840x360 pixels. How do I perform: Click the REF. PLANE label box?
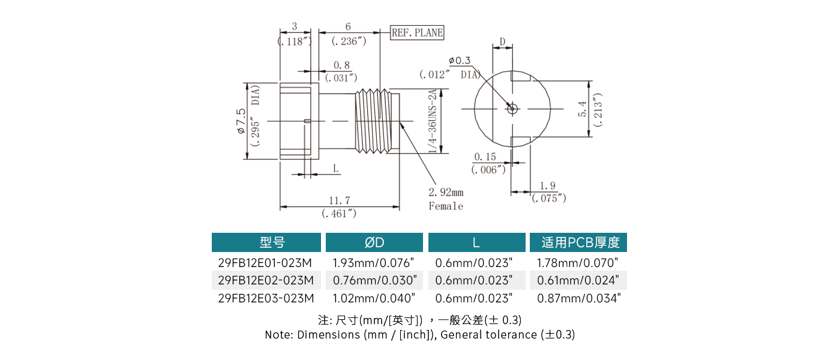coord(417,33)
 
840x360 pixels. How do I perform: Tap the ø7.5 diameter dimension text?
coord(241,121)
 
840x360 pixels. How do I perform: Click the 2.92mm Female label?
coord(446,199)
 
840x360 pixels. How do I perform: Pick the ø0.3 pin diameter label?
coord(460,60)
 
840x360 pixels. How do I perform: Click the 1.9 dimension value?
coord(547,185)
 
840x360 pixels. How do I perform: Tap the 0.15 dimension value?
coord(485,157)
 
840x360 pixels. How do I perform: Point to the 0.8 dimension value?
coord(341,65)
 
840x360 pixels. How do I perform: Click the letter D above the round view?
coord(503,41)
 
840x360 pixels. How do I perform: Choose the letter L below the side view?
coord(336,169)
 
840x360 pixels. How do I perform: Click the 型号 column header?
coord(266,242)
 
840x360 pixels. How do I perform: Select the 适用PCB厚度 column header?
coord(578,242)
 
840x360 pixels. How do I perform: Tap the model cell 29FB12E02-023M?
coord(266,280)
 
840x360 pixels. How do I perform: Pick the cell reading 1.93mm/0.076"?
coord(374,263)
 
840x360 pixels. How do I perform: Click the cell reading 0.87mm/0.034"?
coord(578,298)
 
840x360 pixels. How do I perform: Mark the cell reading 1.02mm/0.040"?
coord(374,298)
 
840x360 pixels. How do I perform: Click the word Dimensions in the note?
coord(329,335)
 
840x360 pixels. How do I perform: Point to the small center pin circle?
coord(512,109)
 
